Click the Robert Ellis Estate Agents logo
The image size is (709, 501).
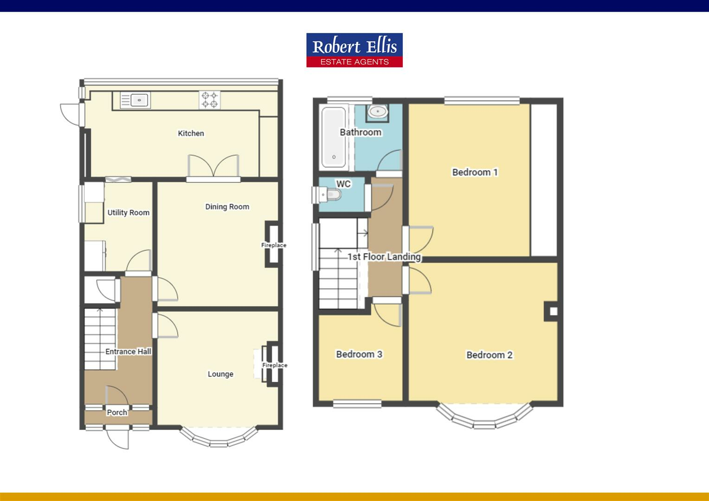tap(354, 50)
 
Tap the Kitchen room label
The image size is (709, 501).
tap(191, 134)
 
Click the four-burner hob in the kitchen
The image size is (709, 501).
tap(209, 100)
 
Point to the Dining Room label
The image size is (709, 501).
tap(227, 207)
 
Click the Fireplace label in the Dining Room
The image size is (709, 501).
tap(274, 245)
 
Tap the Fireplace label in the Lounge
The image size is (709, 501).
tap(275, 365)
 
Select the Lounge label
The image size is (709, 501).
tap(220, 374)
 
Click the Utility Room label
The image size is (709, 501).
tap(129, 213)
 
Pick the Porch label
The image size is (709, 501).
tap(117, 412)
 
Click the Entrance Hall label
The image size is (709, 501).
tap(128, 352)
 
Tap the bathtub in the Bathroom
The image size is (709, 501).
tap(334, 137)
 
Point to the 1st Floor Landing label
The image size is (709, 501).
tap(384, 257)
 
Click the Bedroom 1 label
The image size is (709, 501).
tap(475, 173)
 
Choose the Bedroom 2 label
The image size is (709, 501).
tap(489, 355)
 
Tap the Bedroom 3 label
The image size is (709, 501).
tap(359, 354)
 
